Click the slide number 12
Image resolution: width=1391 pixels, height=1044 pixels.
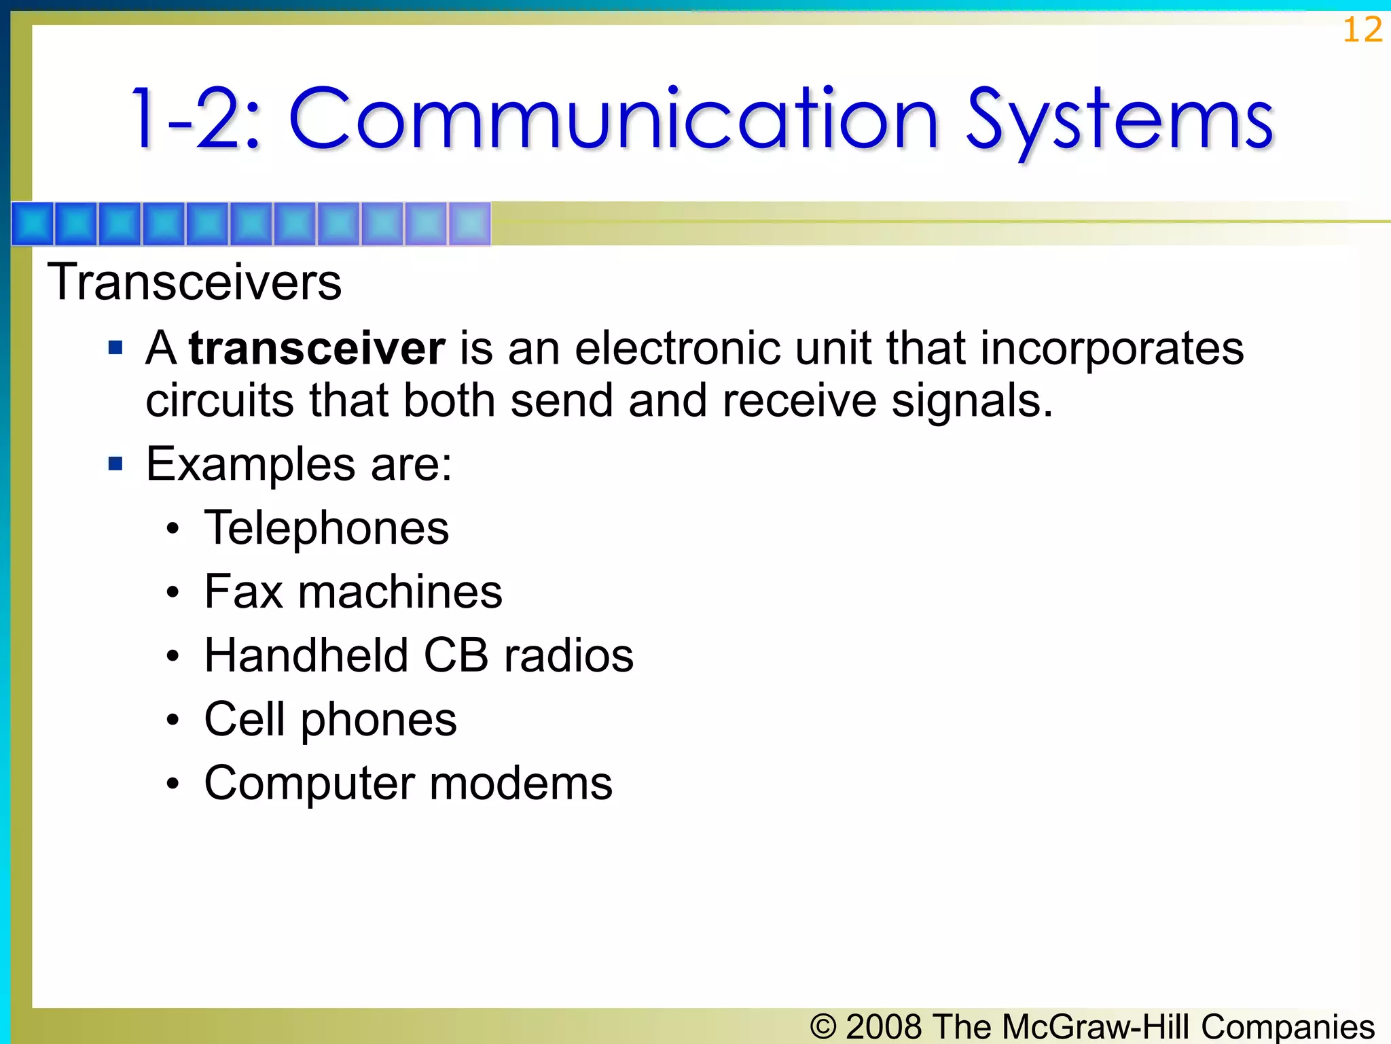coord(1362,31)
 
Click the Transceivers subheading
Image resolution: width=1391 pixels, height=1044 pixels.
coord(194,282)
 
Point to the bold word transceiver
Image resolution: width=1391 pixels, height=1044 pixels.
coord(317,348)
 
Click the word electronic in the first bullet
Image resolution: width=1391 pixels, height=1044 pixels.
coord(677,348)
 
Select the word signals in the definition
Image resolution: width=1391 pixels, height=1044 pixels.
coord(971,401)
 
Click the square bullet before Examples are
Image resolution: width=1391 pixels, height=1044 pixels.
coord(116,464)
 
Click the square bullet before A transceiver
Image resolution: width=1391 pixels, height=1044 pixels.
coord(116,348)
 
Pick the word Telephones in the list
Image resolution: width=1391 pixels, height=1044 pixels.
coord(326,528)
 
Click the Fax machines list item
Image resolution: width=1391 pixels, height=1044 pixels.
coord(353,592)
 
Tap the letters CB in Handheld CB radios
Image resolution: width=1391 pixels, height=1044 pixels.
coord(456,656)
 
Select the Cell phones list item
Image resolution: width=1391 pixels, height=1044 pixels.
coord(330,720)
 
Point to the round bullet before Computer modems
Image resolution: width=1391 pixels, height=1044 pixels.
coord(173,784)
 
